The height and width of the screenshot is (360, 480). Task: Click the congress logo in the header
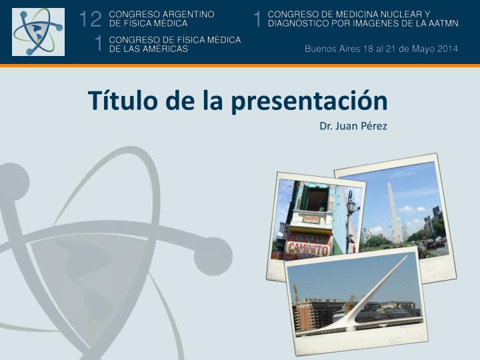(x=38, y=32)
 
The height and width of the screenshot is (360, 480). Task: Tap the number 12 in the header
(x=90, y=19)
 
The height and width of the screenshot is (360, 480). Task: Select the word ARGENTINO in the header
(x=188, y=15)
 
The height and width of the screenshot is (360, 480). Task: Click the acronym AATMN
(x=441, y=23)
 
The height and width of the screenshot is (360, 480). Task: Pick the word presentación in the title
(x=309, y=101)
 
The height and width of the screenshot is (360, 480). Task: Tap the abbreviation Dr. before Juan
(x=326, y=126)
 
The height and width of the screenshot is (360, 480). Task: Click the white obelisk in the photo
(x=395, y=212)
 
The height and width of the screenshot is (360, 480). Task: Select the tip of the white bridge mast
(x=407, y=256)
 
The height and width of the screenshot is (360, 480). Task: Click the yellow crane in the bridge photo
(x=296, y=295)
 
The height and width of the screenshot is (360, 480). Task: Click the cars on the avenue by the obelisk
(x=435, y=244)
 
